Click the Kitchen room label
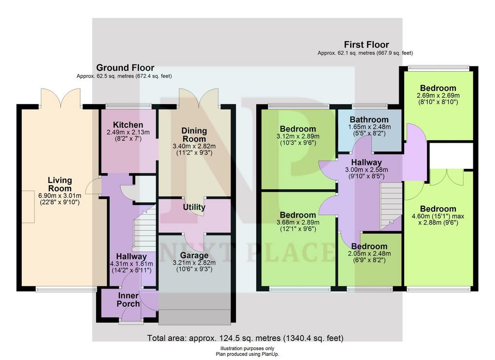coord(128,125)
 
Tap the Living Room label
coord(60,184)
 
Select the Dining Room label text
coord(194,135)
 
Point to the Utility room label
coord(194,207)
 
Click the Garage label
coord(194,255)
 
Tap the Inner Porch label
coord(128,300)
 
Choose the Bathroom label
coord(369,120)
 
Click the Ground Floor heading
coord(125,68)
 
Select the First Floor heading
coord(366,45)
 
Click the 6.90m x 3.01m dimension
coord(60,195)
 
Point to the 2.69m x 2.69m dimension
coord(438,95)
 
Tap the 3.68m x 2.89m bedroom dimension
coord(298,223)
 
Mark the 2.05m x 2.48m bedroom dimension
coord(369,254)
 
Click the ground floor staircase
coord(145,228)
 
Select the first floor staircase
coord(391,206)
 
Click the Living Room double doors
coord(60,97)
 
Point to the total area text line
coord(245,338)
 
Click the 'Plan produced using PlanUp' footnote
coord(247,354)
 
